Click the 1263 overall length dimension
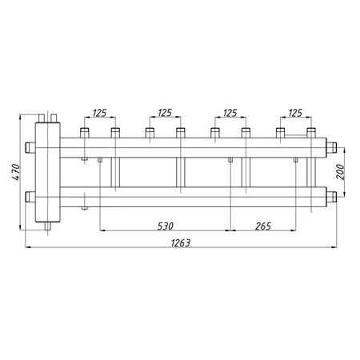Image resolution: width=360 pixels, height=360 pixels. pyautogui.click(x=181, y=243)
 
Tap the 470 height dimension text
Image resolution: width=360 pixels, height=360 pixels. pyautogui.click(x=16, y=172)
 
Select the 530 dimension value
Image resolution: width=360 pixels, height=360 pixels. pyautogui.click(x=166, y=226)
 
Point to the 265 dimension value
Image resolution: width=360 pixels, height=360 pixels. pyautogui.click(x=263, y=226)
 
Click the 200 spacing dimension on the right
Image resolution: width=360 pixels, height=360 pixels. pyautogui.click(x=340, y=172)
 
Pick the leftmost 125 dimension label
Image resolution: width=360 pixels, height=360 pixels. pyautogui.click(x=99, y=113)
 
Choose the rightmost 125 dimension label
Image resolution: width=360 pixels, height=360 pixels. pyautogui.click(x=295, y=113)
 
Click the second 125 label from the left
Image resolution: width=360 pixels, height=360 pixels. pyautogui.click(x=165, y=113)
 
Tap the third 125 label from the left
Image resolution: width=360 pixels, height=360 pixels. pyautogui.click(x=230, y=113)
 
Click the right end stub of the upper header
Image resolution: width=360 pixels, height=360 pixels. pyautogui.click(x=331, y=147)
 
